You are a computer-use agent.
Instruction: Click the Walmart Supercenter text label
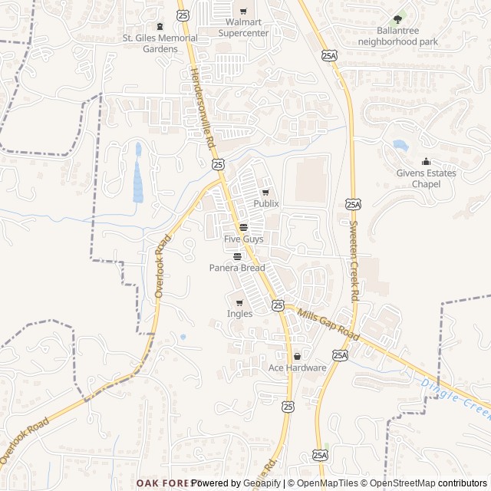click(x=243, y=28)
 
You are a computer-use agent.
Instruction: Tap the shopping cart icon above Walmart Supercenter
click(x=243, y=11)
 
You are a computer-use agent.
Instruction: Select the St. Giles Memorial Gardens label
click(x=160, y=43)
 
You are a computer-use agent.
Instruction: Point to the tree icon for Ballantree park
click(x=397, y=19)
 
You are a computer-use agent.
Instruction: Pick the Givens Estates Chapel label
click(x=426, y=179)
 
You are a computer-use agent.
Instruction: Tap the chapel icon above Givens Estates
click(x=426, y=162)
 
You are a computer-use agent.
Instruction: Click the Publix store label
click(x=266, y=203)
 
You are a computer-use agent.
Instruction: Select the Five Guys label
click(x=243, y=239)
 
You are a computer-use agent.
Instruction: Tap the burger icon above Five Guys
click(x=243, y=227)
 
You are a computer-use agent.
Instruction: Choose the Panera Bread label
click(x=237, y=268)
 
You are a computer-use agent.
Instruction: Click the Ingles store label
click(x=239, y=314)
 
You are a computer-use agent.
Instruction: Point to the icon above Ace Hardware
click(x=297, y=357)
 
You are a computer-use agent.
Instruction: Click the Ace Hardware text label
click(x=297, y=368)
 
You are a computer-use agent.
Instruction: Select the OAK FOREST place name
click(x=163, y=483)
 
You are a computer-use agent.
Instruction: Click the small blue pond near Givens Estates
click(x=400, y=145)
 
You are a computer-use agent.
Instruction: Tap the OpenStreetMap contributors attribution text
click(x=438, y=483)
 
